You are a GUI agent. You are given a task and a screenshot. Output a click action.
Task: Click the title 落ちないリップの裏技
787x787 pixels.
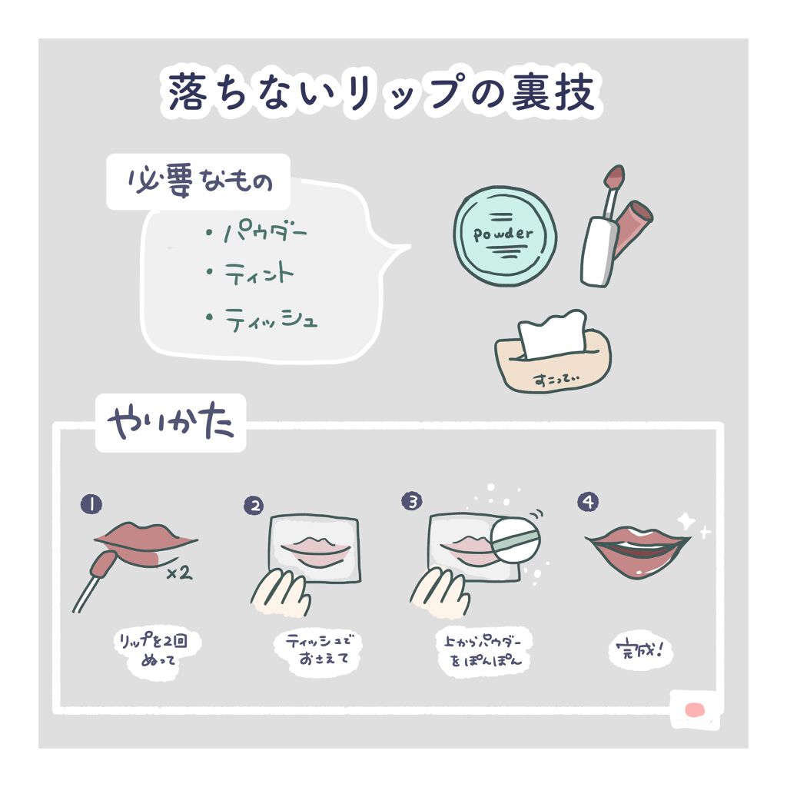(381, 93)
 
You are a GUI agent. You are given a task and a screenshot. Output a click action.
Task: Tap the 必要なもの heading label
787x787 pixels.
(198, 183)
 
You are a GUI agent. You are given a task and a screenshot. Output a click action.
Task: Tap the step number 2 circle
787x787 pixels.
(254, 505)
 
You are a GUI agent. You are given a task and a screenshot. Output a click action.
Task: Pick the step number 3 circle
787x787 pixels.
(412, 502)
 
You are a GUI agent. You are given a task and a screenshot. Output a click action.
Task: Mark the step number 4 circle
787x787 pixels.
(588, 502)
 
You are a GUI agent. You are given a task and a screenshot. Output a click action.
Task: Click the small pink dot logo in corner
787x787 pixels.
(695, 709)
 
